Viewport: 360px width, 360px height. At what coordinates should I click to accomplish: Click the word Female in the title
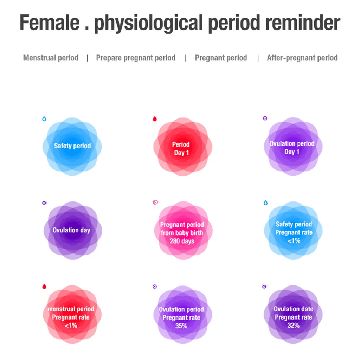(49, 22)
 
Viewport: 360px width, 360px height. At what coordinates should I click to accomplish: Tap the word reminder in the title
(303, 22)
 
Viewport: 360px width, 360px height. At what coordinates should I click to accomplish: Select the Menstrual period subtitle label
(51, 58)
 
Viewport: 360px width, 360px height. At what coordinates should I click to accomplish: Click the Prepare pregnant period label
(136, 58)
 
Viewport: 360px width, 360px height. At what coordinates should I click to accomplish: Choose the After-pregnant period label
(302, 58)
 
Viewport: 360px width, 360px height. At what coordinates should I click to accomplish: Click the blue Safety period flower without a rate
(72, 147)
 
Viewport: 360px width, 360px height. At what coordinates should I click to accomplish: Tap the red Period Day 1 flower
(183, 147)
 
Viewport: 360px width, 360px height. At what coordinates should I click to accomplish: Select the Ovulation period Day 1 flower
(293, 147)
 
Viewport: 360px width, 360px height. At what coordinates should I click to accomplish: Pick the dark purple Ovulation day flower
(73, 231)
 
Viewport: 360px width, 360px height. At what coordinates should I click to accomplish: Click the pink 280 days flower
(183, 231)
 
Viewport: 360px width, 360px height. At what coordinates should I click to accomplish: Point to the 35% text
(181, 326)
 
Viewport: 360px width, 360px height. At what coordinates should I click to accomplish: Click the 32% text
(294, 325)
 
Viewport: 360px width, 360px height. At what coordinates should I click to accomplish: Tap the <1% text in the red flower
(71, 325)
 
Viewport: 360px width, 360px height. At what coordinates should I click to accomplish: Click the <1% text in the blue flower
(294, 240)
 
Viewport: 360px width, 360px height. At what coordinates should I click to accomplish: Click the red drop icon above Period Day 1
(155, 119)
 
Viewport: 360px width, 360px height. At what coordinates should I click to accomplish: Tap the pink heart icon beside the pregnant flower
(155, 203)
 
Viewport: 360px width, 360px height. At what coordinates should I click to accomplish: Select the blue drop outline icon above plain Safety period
(44, 119)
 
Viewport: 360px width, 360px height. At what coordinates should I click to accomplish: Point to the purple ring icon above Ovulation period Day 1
(265, 118)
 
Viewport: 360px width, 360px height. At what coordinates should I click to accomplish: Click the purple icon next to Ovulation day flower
(45, 203)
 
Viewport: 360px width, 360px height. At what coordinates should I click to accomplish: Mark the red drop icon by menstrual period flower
(44, 287)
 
